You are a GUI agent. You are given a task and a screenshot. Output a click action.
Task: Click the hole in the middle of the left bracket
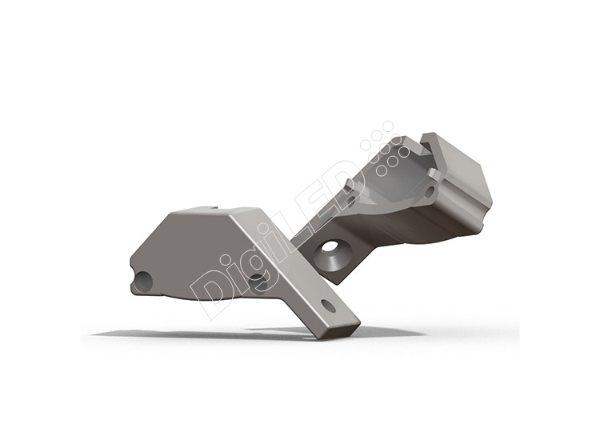coord(258,282)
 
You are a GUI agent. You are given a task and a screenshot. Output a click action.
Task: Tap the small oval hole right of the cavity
coord(430,190)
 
